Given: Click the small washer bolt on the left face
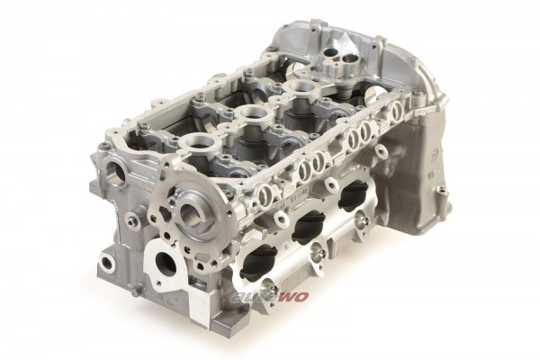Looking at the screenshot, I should pyautogui.click(x=130, y=221).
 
